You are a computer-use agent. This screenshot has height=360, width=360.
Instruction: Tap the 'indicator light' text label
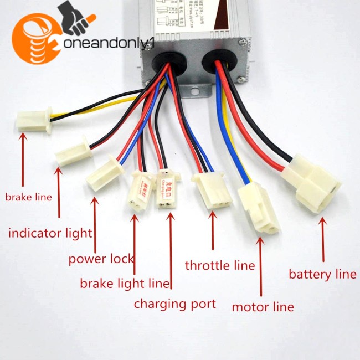pyautogui.click(x=50, y=233)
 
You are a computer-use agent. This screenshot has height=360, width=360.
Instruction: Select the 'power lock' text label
pyautogui.click(x=101, y=259)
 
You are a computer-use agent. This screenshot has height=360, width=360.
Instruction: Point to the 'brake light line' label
pyautogui.click(x=125, y=284)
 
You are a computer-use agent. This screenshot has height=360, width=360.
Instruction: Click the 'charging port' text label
pyautogui.click(x=174, y=304)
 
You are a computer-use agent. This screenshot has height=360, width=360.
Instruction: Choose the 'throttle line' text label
pyautogui.click(x=220, y=265)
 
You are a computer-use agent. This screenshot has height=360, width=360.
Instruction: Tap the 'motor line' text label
pyautogui.click(x=263, y=307)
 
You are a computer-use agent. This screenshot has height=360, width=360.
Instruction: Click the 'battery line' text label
pyautogui.click(x=323, y=274)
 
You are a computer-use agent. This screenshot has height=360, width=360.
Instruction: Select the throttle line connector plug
pyautogui.click(x=210, y=190)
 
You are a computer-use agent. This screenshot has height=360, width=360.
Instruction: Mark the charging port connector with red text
pyautogui.click(x=167, y=188)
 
